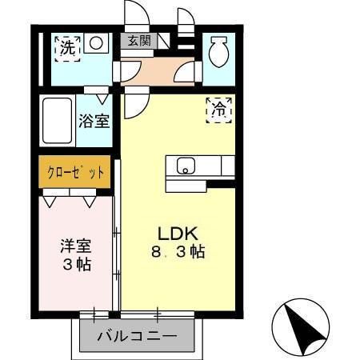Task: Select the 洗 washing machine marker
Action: click(68, 46)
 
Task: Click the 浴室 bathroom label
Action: click(94, 122)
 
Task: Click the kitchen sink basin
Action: click(186, 167)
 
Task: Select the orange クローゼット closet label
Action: click(74, 173)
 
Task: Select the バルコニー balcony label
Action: click(137, 335)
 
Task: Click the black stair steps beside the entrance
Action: click(186, 32)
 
